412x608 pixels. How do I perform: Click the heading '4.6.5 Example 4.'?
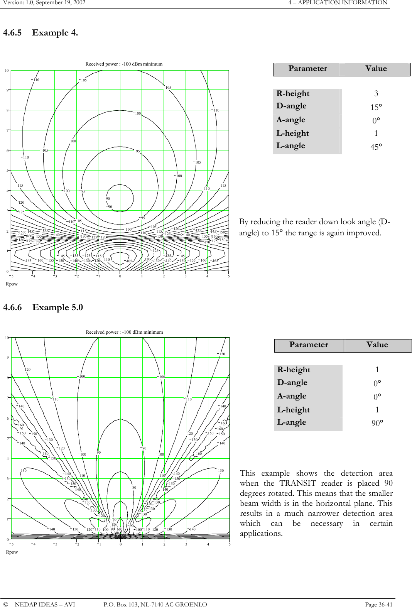[41, 33]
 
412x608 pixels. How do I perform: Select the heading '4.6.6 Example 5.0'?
[43, 307]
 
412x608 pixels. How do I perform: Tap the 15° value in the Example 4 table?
[376, 107]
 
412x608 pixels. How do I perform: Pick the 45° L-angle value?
[376, 147]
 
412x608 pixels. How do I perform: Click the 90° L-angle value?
[377, 423]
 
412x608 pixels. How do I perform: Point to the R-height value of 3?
[376, 93]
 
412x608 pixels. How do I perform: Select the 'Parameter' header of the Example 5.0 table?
[309, 345]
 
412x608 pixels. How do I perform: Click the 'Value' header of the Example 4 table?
[376, 69]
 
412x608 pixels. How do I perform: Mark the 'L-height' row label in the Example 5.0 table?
[294, 410]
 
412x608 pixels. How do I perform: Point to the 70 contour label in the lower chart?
[114, 520]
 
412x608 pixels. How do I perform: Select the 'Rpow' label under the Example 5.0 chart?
[12, 552]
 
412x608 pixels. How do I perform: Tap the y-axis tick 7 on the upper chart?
[7, 130]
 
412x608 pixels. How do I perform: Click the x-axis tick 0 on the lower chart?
[120, 545]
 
